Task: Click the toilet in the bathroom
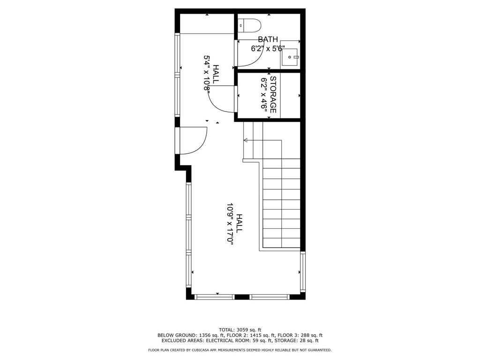click(x=249, y=25)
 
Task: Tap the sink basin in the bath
click(x=290, y=57)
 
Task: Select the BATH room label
click(x=268, y=39)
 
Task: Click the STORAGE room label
click(x=273, y=95)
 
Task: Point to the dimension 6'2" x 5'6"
click(x=268, y=49)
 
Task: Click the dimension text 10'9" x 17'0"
click(x=230, y=224)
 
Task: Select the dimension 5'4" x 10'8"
click(x=207, y=73)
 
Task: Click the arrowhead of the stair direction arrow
click(x=246, y=140)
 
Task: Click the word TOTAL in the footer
click(x=227, y=330)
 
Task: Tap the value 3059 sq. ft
click(x=249, y=330)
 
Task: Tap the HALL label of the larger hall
click(x=240, y=223)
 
